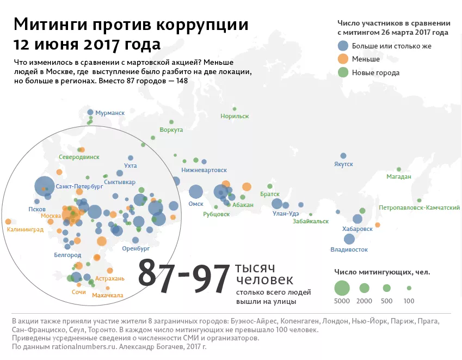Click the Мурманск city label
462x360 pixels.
tap(110, 113)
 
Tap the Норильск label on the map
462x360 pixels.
tap(235, 116)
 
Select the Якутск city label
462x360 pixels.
tap(343, 164)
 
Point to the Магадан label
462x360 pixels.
tap(398, 176)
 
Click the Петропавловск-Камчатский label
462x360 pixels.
tap(419, 208)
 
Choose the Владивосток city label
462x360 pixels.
tap(349, 249)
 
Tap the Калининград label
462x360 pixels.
tap(25, 230)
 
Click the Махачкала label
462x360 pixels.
tap(108, 295)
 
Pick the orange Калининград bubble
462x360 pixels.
tap(8, 222)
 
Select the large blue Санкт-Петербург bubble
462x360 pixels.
tap(45, 186)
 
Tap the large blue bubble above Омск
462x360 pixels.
tap(196, 192)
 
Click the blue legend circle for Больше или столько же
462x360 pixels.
tap(343, 46)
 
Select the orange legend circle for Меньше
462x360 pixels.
tap(343, 59)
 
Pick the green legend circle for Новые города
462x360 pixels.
tap(343, 72)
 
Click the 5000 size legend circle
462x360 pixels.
tap(341, 287)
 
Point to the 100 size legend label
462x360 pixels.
tap(409, 301)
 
